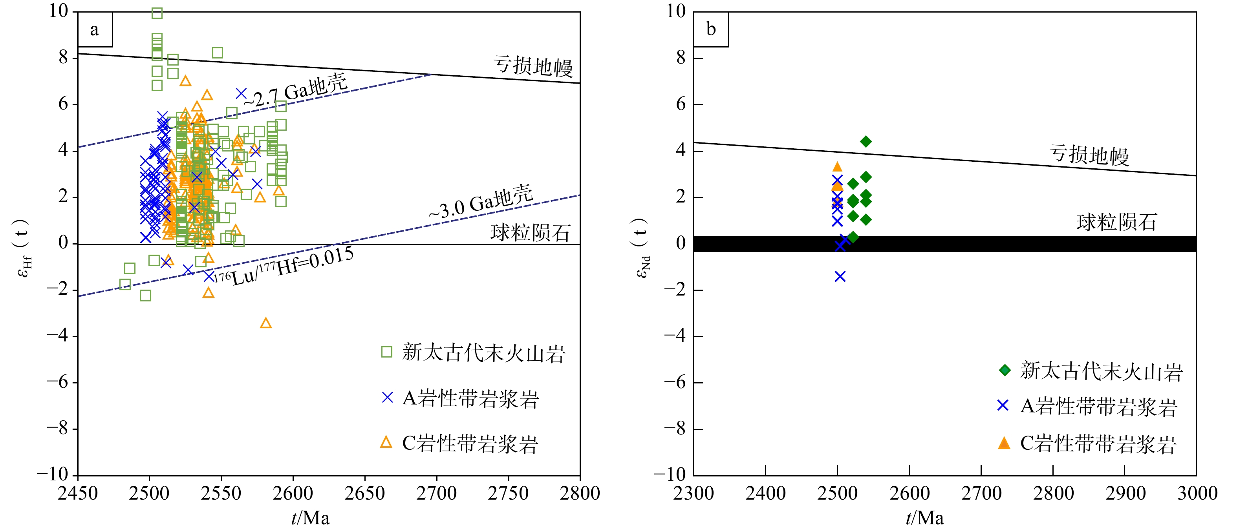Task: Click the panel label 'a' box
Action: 95,30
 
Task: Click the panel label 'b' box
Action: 711,30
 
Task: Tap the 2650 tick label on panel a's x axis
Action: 364,493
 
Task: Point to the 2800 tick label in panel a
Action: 580,493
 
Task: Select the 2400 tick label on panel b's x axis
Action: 765,493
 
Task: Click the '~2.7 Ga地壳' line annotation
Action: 295,91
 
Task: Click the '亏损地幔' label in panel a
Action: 532,66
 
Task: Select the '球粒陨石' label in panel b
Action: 1116,222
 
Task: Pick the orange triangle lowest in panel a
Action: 265,323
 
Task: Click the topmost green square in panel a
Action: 157,13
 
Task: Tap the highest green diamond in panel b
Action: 866,141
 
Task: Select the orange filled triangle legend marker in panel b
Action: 1004,443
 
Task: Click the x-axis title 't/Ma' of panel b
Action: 924,518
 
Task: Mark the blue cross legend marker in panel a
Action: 387,398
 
